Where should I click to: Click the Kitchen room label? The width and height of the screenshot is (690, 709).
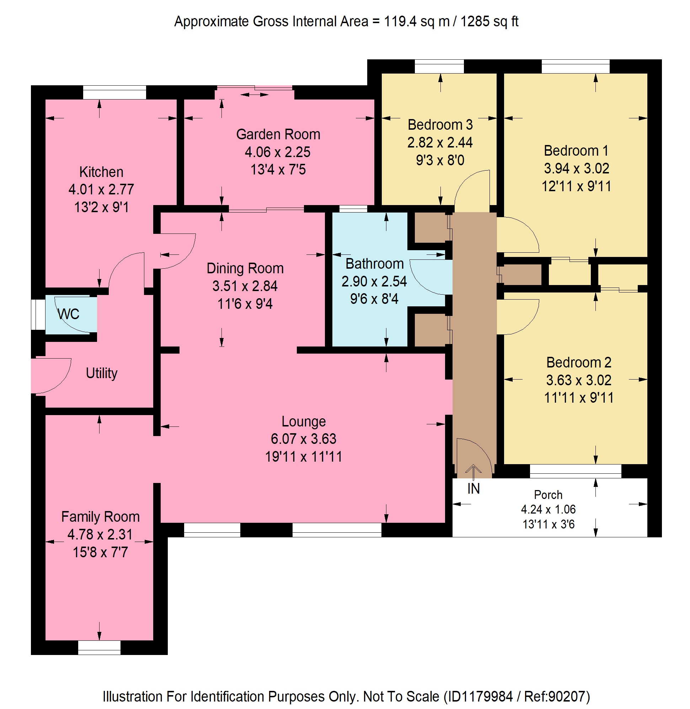click(101, 172)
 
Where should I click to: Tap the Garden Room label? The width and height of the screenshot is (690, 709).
click(278, 134)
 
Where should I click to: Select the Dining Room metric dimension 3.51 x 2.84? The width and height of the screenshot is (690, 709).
click(245, 286)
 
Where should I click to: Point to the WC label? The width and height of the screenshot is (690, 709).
click(69, 314)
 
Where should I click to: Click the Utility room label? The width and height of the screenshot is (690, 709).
click(101, 373)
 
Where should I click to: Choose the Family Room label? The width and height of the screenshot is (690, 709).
click(100, 517)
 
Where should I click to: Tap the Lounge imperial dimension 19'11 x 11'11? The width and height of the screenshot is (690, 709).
click(303, 457)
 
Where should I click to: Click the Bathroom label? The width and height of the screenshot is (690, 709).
click(374, 264)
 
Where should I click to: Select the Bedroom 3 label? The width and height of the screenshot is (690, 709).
click(440, 125)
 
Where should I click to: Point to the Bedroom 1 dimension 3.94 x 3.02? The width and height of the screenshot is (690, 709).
click(576, 168)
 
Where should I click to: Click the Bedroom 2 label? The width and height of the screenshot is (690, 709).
click(579, 362)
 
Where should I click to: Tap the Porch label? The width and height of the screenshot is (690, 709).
click(548, 495)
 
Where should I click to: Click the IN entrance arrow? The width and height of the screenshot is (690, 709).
click(473, 472)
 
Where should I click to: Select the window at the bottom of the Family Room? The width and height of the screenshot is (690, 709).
click(99, 648)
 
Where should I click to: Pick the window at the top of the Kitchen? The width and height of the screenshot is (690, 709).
click(114, 92)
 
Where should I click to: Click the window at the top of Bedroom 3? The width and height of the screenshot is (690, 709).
click(439, 67)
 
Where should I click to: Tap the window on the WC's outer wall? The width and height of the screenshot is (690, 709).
click(38, 315)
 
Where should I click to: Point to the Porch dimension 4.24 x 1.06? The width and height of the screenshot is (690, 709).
click(548, 509)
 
